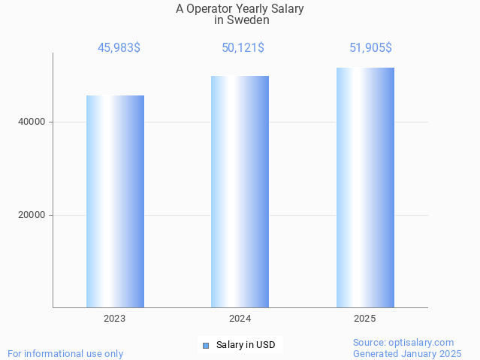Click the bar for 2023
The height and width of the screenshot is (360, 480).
point(115,201)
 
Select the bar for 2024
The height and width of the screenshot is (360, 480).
point(240,192)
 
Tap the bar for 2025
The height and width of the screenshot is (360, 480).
point(365,188)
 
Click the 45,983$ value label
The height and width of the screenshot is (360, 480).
point(119,48)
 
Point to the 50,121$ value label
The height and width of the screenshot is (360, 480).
point(243,48)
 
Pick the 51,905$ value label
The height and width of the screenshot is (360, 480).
point(370,48)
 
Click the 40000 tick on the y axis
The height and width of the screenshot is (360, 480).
point(32,122)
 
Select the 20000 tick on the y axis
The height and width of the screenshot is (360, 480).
point(32,215)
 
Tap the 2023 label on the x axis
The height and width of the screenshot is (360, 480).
point(115,319)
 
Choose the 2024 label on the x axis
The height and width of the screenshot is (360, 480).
point(240,319)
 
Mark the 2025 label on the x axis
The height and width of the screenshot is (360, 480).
point(365,319)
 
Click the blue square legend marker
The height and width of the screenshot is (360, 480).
point(205,346)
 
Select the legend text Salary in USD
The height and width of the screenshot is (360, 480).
point(246,345)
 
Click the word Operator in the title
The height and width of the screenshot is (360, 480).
point(210,9)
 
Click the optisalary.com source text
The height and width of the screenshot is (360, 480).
point(403,342)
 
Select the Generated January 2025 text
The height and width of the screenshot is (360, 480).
point(406,353)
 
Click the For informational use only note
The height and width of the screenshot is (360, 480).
point(65,353)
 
